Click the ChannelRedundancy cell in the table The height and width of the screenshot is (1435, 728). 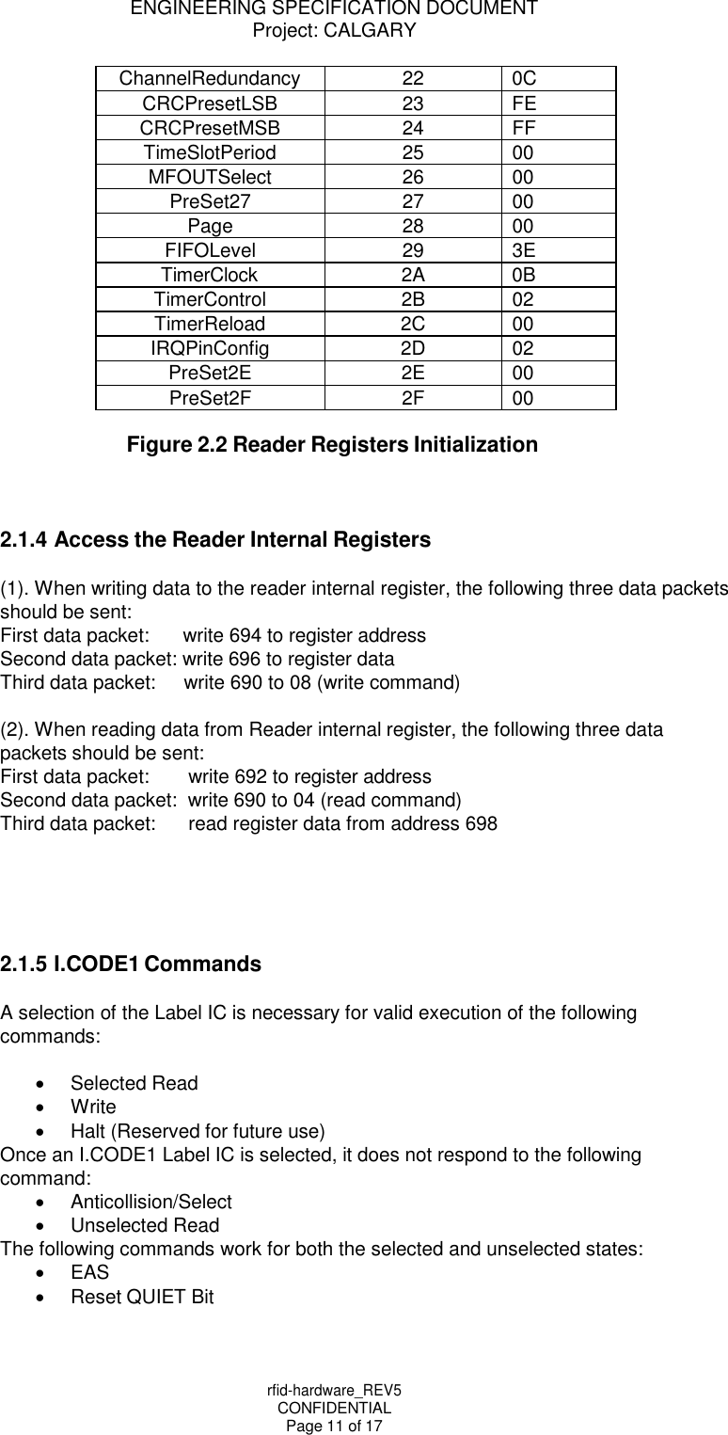210,78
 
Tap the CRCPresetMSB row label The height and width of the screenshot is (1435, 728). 210,127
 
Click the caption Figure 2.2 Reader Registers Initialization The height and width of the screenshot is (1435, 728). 332,444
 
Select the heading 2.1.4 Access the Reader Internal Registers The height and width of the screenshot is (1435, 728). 215,540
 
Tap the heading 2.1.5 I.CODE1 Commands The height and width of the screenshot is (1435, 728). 131,965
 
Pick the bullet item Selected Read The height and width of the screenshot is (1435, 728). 135,1083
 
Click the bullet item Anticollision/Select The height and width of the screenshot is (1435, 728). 151,1202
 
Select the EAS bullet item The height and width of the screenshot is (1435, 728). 90,1272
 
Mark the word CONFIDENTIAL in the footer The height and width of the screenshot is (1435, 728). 335,1408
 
